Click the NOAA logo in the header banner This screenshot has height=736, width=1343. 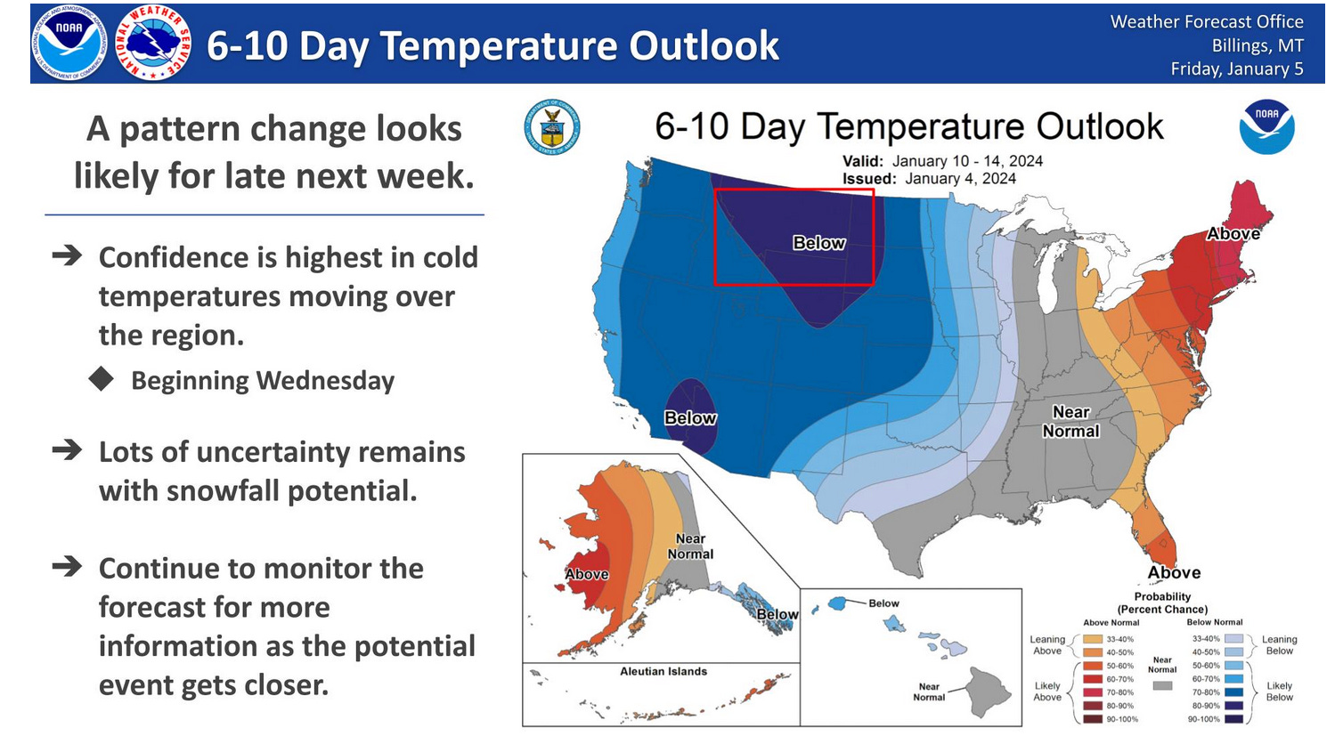(x=69, y=43)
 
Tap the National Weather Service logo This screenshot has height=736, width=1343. (x=153, y=43)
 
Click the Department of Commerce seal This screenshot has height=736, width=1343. (x=551, y=127)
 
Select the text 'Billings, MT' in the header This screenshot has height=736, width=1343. (x=1258, y=45)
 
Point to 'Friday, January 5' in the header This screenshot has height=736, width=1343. (x=1237, y=69)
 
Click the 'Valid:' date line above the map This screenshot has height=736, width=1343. (x=942, y=161)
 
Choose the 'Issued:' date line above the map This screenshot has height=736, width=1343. (x=929, y=179)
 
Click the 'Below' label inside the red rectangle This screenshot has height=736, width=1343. (x=819, y=243)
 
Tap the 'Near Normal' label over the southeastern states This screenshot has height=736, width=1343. (x=1070, y=421)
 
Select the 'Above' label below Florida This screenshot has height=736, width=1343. (x=1174, y=572)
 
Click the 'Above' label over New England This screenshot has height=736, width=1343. (x=1233, y=233)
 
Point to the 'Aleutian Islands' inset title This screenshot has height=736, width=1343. (x=663, y=671)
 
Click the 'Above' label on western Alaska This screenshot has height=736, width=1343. (x=587, y=574)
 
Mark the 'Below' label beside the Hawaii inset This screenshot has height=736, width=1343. (x=883, y=603)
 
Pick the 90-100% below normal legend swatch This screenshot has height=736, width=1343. (x=1233, y=718)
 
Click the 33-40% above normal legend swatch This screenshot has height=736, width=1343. (x=1093, y=639)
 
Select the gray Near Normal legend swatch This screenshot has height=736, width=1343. (x=1162, y=685)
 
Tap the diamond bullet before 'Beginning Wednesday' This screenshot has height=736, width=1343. (x=101, y=379)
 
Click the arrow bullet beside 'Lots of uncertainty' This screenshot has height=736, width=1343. (x=67, y=449)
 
